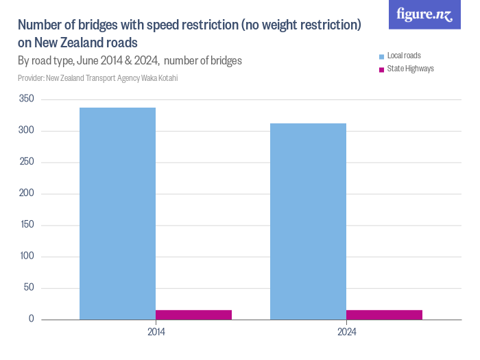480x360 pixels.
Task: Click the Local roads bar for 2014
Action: click(117, 213)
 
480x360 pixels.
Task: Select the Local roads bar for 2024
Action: click(308, 221)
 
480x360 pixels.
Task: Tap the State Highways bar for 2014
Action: click(193, 315)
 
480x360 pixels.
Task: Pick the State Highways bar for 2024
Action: click(384, 315)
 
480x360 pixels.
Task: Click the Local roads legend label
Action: click(404, 55)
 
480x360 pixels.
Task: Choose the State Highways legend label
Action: click(410, 69)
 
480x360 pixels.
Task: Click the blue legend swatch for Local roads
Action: click(381, 56)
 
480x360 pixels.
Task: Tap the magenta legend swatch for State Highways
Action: click(381, 69)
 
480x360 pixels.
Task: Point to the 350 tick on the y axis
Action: click(27, 99)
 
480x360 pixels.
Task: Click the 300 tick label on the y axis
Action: click(27, 131)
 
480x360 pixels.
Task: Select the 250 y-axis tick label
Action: click(27, 163)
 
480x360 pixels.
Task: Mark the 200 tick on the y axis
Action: click(27, 194)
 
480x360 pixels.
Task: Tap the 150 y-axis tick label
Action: click(27, 225)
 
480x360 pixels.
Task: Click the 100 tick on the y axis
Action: click(27, 256)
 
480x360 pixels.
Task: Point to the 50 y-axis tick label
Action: click(29, 288)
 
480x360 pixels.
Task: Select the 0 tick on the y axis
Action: click(32, 320)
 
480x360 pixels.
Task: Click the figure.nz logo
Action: click(424, 14)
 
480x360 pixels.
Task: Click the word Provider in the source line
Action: click(30, 78)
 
